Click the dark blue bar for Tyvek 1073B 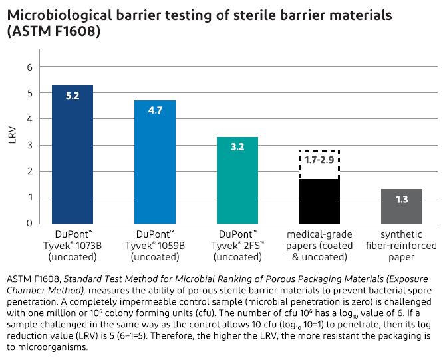[73, 160]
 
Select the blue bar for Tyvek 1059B [155, 166]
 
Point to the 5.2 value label [73, 96]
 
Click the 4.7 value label [155, 111]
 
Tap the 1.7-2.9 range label [319, 160]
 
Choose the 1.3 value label [402, 199]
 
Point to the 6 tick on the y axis [29, 67]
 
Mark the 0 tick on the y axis [29, 224]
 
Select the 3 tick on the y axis [29, 145]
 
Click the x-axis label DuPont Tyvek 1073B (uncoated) [73, 246]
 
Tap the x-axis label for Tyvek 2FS [237, 246]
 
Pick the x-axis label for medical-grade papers [319, 246]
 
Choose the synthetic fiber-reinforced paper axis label [402, 246]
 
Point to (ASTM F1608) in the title [54, 31]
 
